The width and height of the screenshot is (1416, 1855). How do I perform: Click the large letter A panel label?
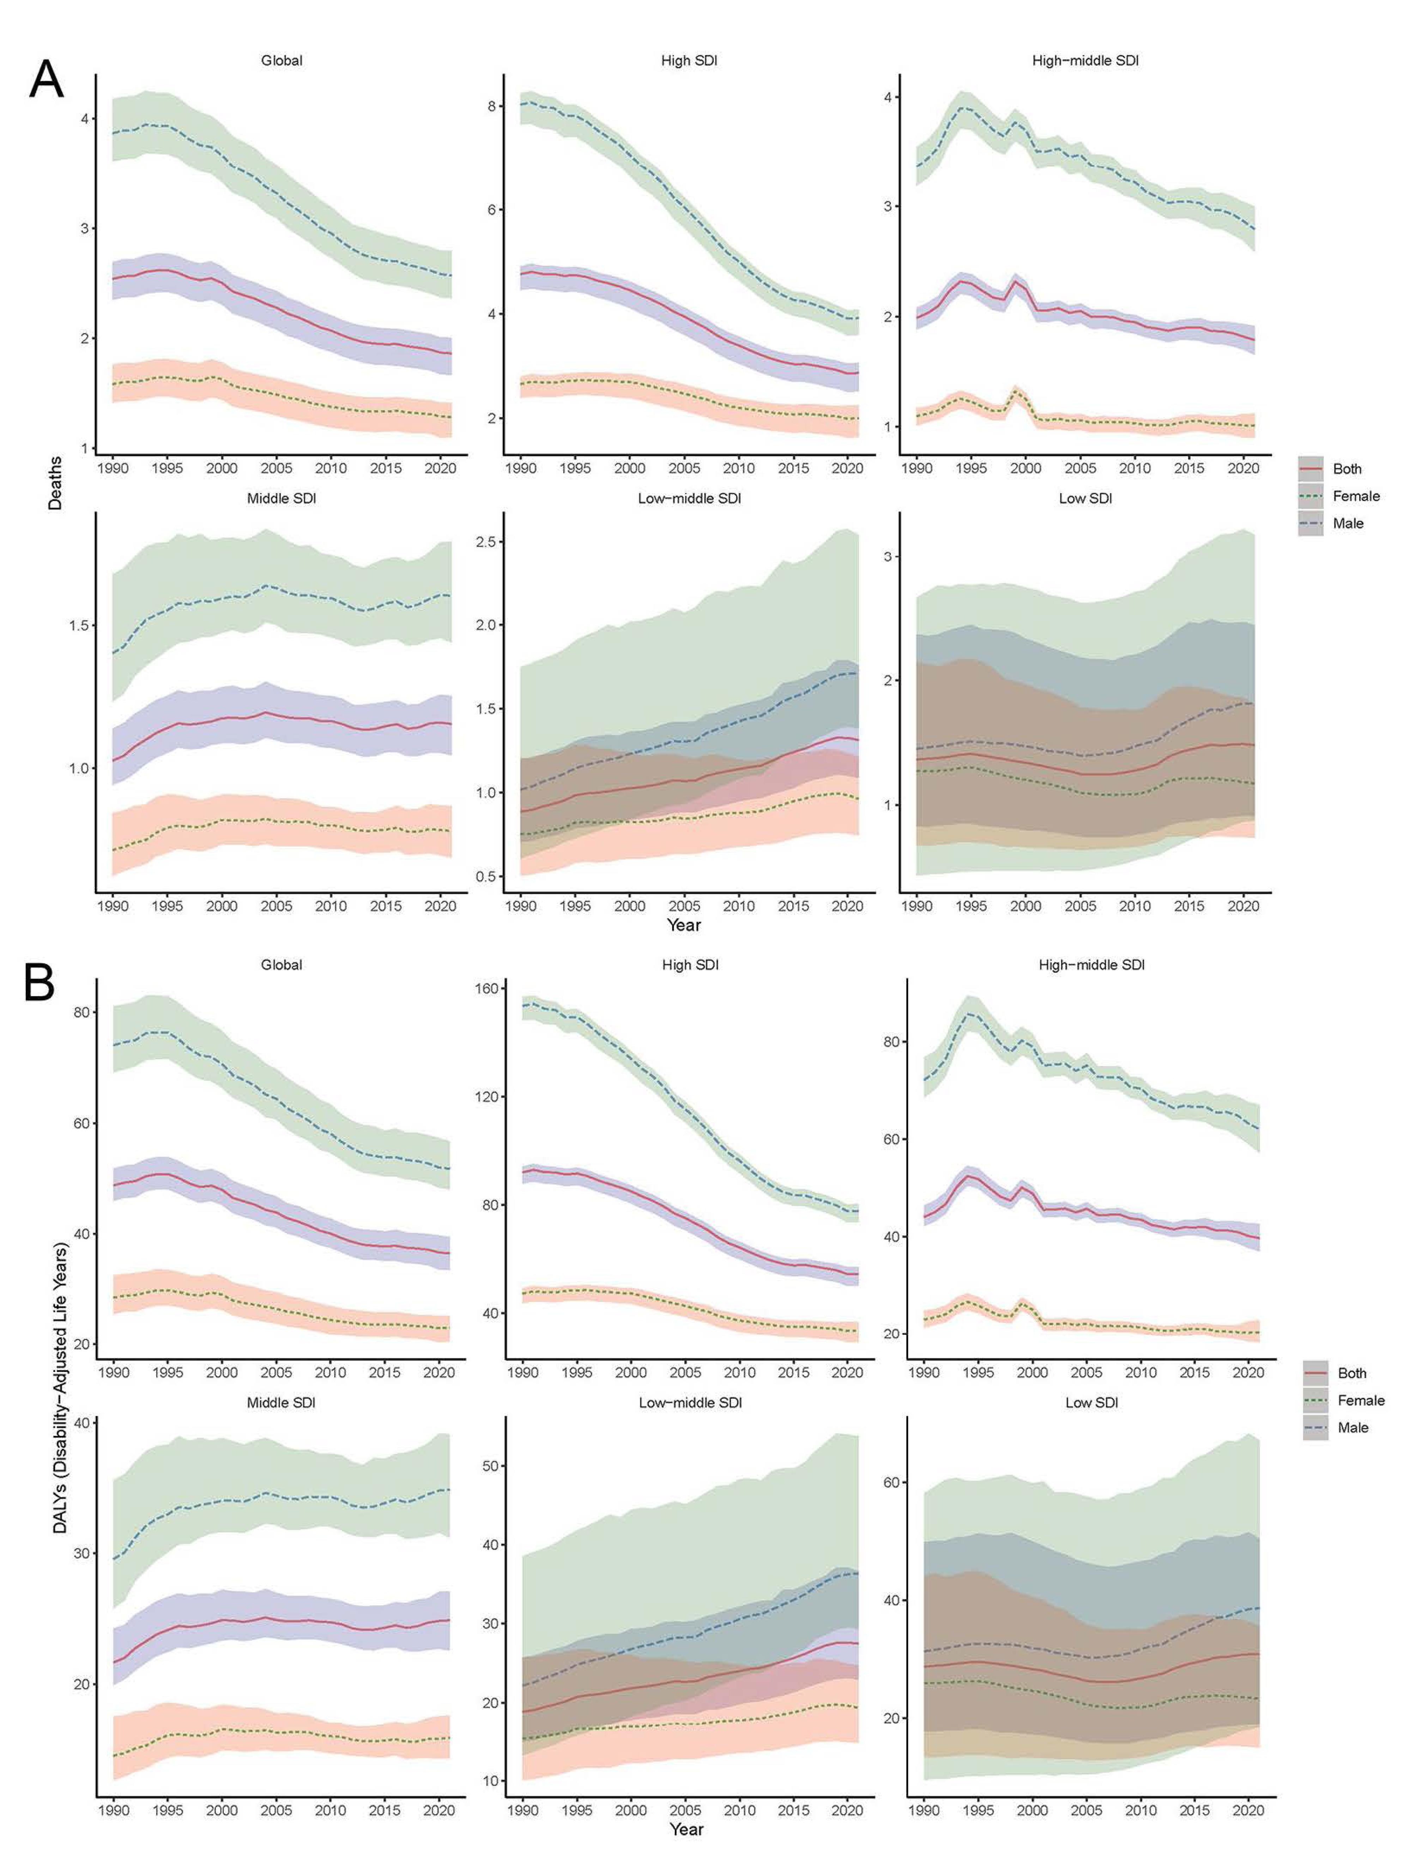coord(46,80)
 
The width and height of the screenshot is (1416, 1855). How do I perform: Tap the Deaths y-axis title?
coord(55,482)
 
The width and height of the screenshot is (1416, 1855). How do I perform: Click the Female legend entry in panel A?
coord(1355,496)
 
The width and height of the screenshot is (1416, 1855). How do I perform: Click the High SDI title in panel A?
coord(689,61)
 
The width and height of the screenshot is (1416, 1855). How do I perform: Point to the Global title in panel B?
coord(282,965)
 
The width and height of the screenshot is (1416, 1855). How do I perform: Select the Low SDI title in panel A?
coord(1085,499)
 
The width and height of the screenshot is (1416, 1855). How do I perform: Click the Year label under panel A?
coord(684,926)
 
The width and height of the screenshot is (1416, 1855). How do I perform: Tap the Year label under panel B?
coord(686,1830)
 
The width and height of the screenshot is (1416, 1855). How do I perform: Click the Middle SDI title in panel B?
coord(282,1403)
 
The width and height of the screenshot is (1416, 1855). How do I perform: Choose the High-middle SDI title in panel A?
coord(1085,61)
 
